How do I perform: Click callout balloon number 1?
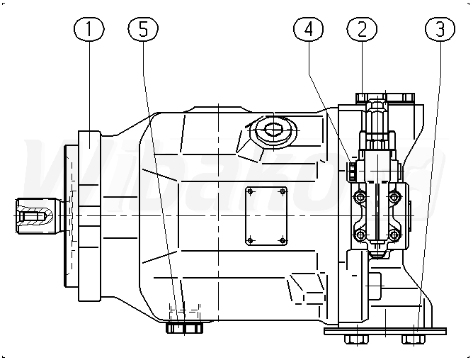point(89,29)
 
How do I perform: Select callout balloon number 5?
point(143,29)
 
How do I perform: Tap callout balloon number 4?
point(308,29)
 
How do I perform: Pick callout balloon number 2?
point(362,29)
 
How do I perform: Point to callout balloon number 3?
point(440,29)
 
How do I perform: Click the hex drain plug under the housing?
point(184,328)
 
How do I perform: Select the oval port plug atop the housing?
point(273,130)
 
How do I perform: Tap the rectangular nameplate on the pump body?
point(266,216)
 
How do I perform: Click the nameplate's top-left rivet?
point(250,191)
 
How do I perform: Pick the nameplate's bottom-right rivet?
point(283,240)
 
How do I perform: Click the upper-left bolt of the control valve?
point(360,197)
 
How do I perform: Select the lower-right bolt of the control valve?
point(394,235)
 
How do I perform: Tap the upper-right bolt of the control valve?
point(394,197)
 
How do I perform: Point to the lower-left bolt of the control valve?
point(360,235)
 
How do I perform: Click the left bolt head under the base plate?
point(357,339)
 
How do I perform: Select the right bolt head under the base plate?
point(414,339)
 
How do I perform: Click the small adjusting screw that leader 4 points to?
point(352,171)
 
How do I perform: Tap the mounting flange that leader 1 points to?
point(89,216)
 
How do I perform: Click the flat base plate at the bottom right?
point(385,332)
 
